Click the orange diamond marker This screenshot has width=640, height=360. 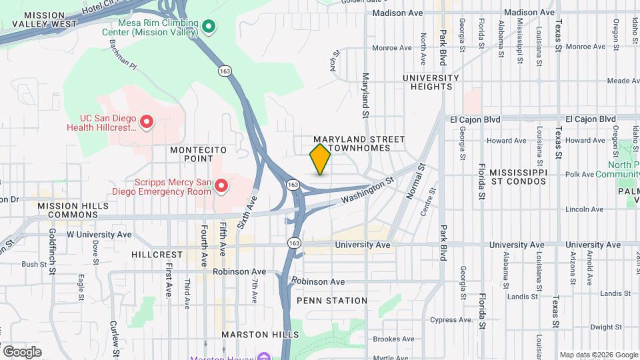pos(320,159)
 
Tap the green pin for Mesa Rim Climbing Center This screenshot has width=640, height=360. pos(209,27)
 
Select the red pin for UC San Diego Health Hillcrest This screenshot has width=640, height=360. pos(146,122)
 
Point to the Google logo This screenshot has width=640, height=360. pos(22,351)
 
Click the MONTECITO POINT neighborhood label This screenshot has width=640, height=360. pos(191,154)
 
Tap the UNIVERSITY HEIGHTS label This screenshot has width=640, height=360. pos(431,82)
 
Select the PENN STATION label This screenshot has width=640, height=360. pos(332,301)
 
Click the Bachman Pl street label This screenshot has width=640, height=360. pos(123,59)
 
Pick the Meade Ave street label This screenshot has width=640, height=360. pos(623,81)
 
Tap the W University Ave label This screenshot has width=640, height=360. pos(99,235)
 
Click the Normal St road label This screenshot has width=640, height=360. pos(415,179)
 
